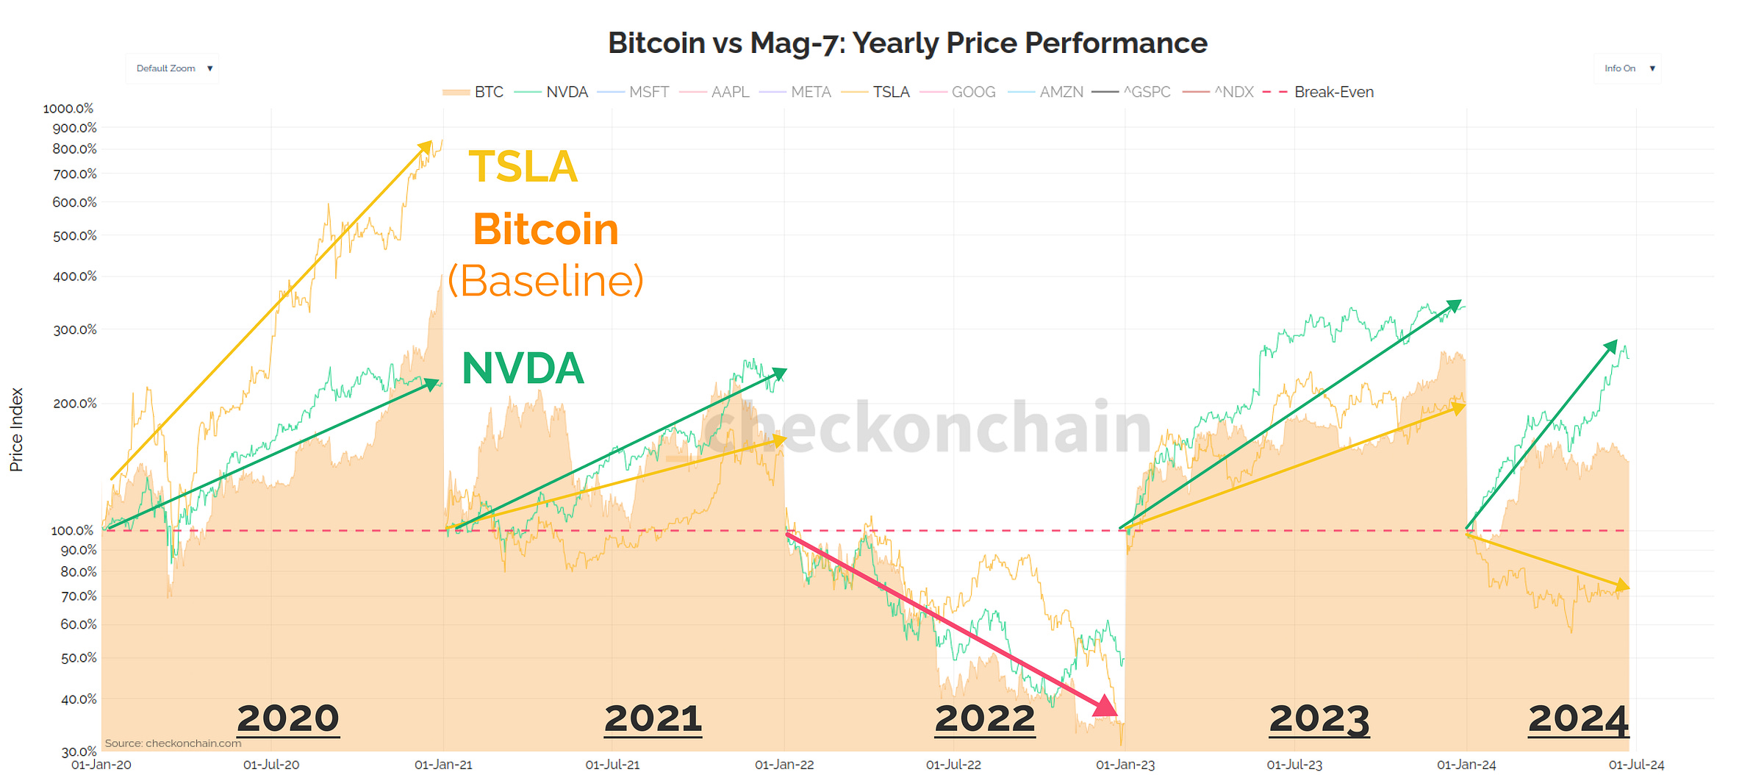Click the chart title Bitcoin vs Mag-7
(x=907, y=43)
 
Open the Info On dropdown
(x=1628, y=68)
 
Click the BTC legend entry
(x=475, y=92)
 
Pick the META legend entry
(x=797, y=92)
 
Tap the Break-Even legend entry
(x=1320, y=92)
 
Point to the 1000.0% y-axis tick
(x=68, y=108)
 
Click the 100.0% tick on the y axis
(x=72, y=530)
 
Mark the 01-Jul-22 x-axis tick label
(x=953, y=765)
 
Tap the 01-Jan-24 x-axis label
(x=1466, y=765)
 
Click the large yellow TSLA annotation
(x=523, y=167)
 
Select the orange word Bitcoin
(x=546, y=229)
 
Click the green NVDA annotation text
(x=523, y=368)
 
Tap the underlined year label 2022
(x=984, y=718)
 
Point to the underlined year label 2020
(x=288, y=718)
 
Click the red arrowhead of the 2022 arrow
(x=1105, y=707)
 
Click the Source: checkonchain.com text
(x=173, y=743)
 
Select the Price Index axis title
(x=16, y=430)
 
